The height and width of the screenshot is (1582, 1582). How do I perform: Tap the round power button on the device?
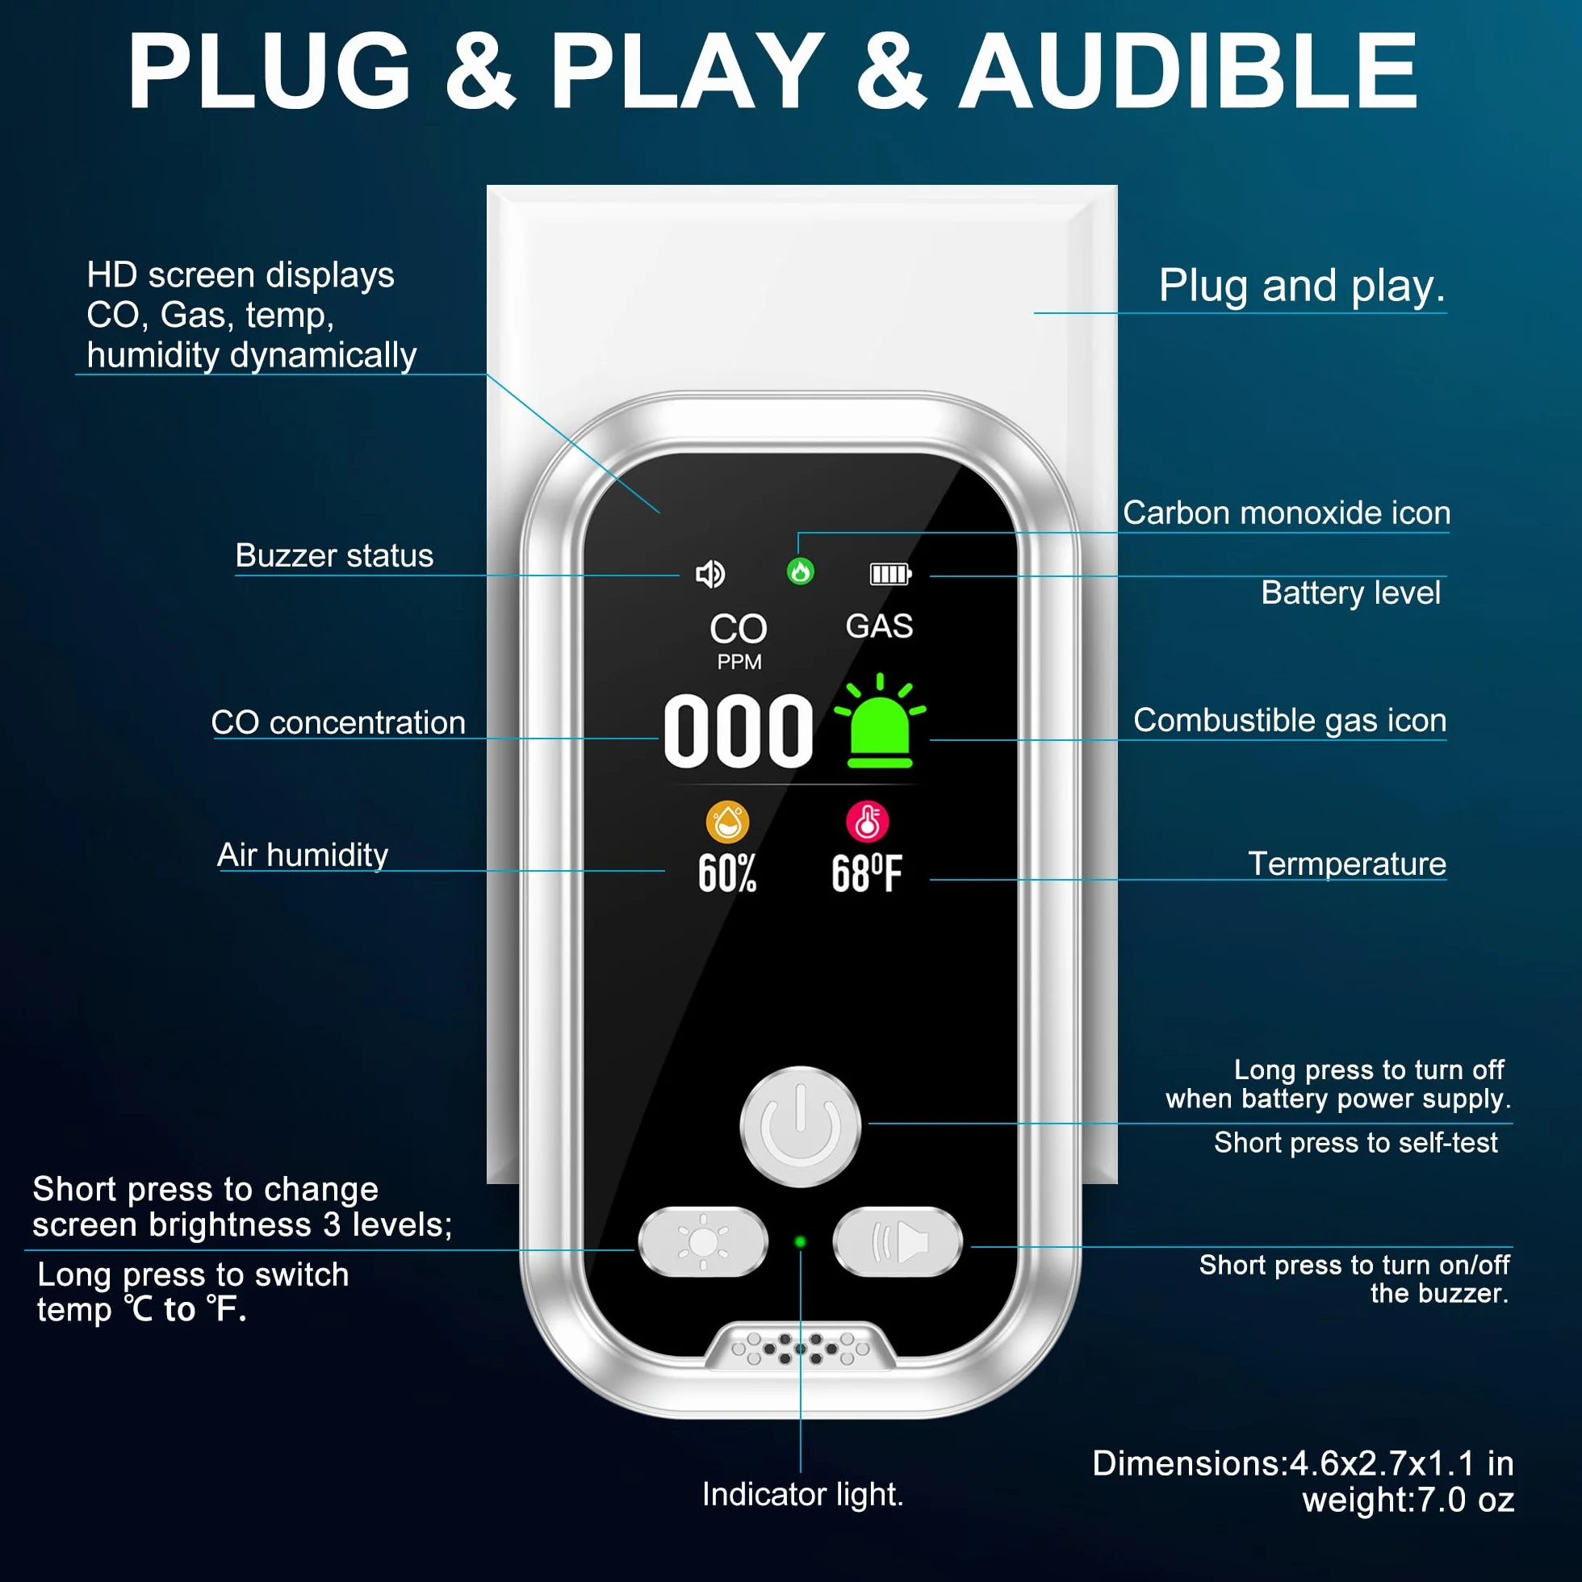pos(800,1126)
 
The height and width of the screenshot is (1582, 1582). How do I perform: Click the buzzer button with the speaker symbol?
pos(898,1241)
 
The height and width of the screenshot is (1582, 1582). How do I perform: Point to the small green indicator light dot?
pos(800,1242)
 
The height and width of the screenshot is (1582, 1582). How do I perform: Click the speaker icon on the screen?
pos(710,574)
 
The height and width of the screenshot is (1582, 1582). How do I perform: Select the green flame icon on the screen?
pos(800,571)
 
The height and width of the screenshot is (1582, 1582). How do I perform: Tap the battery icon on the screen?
pos(890,574)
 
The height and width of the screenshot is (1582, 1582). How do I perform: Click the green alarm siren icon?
pos(881,721)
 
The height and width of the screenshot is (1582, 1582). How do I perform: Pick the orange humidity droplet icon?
pos(727,822)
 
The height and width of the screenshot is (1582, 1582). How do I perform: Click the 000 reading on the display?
pos(739,731)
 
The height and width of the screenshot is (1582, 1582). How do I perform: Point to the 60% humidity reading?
pos(727,873)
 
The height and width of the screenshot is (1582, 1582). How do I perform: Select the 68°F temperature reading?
pos(867,873)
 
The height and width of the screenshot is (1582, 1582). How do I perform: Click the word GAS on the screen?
pos(880,626)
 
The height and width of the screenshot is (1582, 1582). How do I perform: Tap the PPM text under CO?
pos(739,662)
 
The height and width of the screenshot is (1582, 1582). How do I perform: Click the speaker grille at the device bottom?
pos(800,1347)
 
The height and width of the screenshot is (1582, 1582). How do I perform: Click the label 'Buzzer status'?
pos(334,555)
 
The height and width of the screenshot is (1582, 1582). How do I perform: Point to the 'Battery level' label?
pos(1351,592)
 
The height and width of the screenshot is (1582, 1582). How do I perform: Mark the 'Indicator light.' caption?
pos(802,1494)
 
